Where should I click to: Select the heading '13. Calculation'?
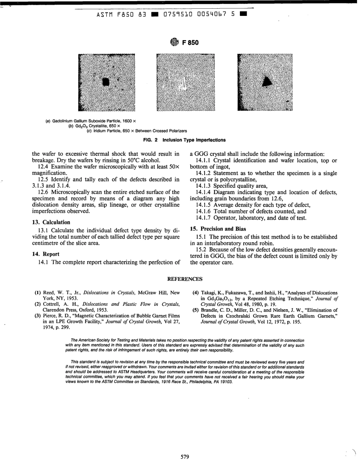[x=51, y=222]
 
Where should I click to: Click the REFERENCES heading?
[x=185, y=279]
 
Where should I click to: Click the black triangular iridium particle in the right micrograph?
[x=268, y=81]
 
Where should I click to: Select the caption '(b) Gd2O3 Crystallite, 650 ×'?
[x=94, y=126]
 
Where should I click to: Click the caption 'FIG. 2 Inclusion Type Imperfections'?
[x=184, y=140]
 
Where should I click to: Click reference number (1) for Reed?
[x=38, y=293]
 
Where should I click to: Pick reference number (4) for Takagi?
[x=196, y=293]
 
